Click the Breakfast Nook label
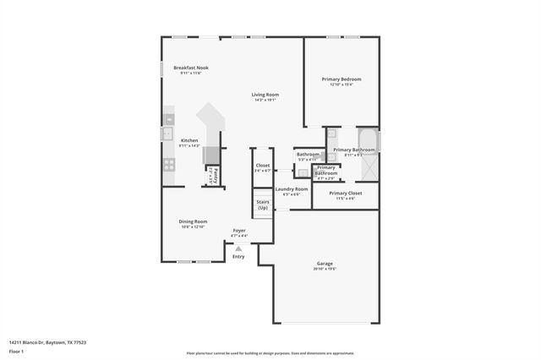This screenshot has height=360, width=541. [x=191, y=68]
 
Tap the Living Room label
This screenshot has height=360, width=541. [x=265, y=95]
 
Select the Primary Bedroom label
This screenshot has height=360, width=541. [x=341, y=79]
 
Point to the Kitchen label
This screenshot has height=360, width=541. [x=189, y=140]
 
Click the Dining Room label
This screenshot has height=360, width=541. [x=193, y=221]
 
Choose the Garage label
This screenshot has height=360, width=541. [x=325, y=264]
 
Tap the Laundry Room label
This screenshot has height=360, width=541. [x=291, y=189]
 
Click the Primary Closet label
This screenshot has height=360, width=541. [x=345, y=193]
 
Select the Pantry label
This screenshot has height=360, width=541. [x=216, y=176]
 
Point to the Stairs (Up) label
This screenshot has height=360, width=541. [x=263, y=205]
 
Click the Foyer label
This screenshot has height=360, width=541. [x=239, y=230]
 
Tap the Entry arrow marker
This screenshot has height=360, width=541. [x=238, y=248]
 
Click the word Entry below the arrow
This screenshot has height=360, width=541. [x=238, y=256]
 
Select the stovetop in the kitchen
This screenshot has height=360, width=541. [x=169, y=165]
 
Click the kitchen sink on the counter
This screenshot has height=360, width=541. [x=167, y=134]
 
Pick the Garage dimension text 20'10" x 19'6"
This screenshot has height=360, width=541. [x=325, y=269]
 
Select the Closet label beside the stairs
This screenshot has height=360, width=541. [x=263, y=166]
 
